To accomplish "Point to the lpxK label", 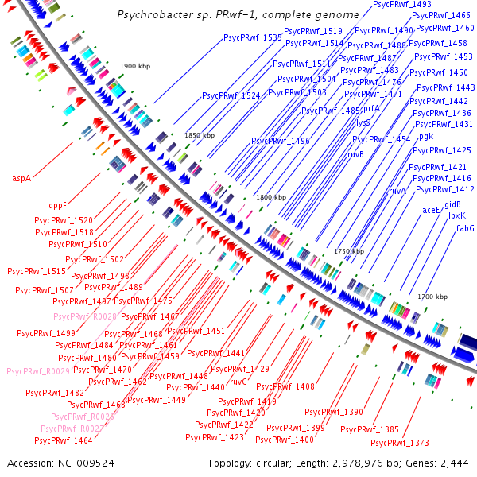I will click(x=457, y=215).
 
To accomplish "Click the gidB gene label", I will click(x=452, y=204).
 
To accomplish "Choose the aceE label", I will click(x=432, y=211).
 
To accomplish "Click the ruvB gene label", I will click(x=356, y=154).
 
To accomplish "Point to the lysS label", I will click(x=363, y=123).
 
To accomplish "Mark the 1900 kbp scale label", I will click(x=134, y=66).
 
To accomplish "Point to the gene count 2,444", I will click(x=453, y=463).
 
